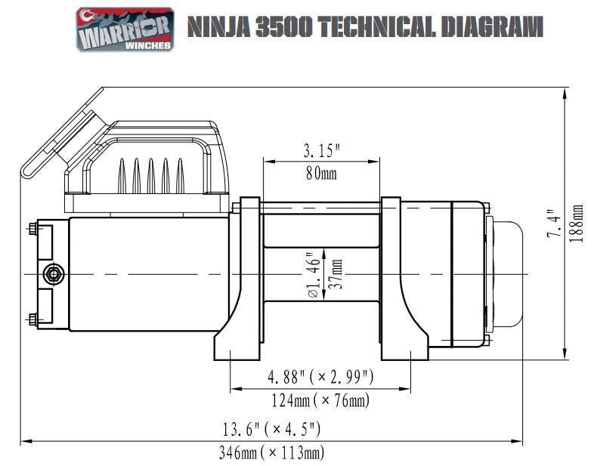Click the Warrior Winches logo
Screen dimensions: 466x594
[125, 29]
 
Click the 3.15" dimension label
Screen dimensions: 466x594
[321, 150]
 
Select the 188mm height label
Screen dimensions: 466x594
[577, 224]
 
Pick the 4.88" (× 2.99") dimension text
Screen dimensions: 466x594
[321, 376]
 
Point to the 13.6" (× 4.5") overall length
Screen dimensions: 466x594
[271, 429]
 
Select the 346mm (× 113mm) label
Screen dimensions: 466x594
[271, 452]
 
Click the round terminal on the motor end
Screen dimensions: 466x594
[53, 274]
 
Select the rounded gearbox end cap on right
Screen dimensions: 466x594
[509, 273]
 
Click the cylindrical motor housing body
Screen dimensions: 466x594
[147, 273]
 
